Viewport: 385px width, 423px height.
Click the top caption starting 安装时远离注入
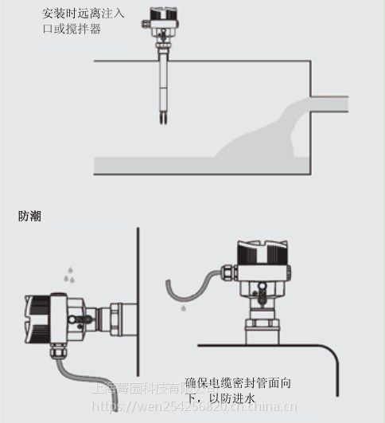click(x=75, y=21)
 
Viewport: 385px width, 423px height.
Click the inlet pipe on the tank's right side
click(x=329, y=104)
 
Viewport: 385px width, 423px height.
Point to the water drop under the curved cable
click(x=182, y=307)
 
